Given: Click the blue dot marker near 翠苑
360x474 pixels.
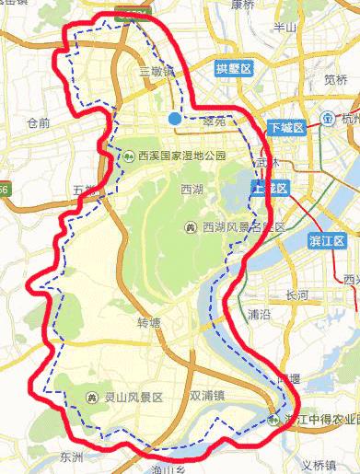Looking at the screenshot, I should [174, 117].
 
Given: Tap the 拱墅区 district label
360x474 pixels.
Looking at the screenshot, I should [233, 69].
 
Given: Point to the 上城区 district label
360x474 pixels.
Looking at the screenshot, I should [270, 188].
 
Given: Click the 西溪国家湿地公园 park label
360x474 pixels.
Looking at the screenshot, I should [182, 155].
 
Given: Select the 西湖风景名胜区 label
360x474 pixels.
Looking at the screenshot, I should [243, 226].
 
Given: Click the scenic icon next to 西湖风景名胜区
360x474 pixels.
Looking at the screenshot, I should [192, 226].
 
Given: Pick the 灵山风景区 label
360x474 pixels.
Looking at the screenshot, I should [133, 398].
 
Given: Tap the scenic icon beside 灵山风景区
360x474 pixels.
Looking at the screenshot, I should [92, 398].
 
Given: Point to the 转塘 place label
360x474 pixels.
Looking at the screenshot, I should [148, 323].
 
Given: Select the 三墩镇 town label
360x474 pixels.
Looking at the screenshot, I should [156, 71].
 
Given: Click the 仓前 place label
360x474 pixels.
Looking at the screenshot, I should [39, 122].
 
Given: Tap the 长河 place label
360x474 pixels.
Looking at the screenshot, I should [297, 295].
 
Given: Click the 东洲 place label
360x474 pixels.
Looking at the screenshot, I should [71, 457].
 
